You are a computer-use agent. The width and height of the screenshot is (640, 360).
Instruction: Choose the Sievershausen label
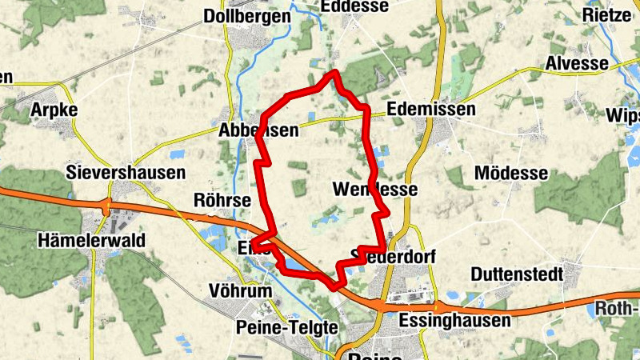(126, 172)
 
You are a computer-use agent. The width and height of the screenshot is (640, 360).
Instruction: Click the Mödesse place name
(511, 173)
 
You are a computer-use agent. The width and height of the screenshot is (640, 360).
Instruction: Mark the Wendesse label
(374, 190)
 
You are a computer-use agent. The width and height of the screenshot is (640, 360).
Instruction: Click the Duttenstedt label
(517, 274)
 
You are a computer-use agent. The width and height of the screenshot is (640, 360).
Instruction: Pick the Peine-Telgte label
(277, 327)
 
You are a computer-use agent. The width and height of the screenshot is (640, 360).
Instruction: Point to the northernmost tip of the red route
(334, 74)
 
